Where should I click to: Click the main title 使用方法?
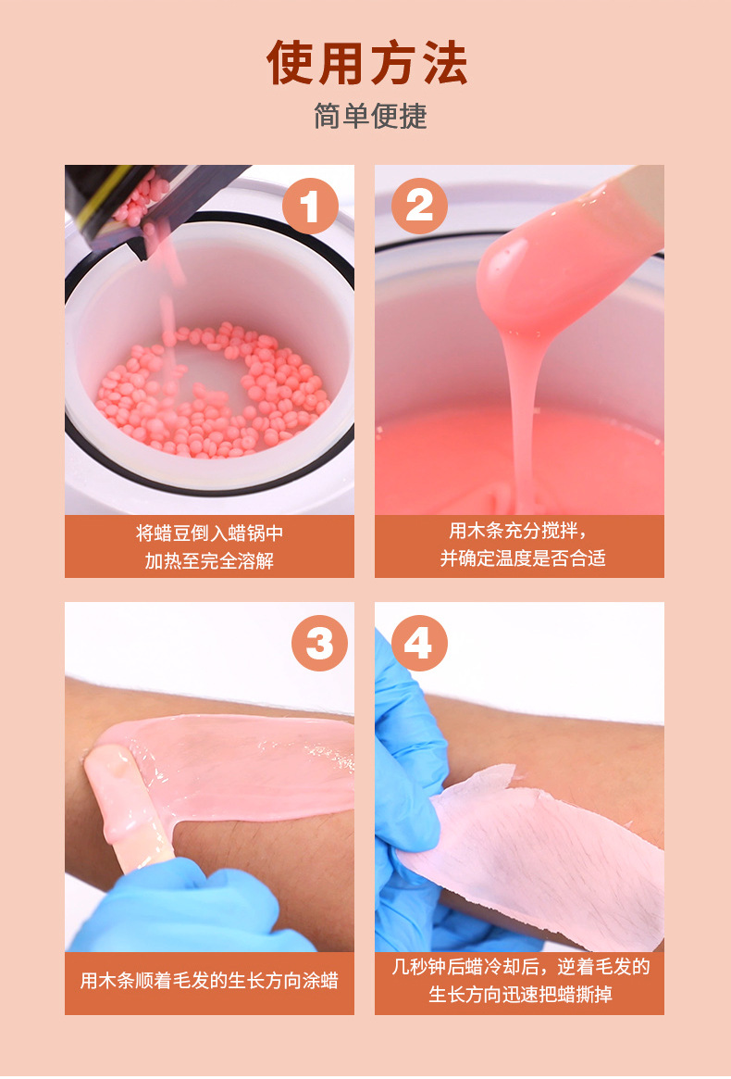367,64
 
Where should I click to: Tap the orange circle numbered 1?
309,206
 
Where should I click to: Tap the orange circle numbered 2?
419,206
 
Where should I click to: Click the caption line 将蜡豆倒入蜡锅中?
209,533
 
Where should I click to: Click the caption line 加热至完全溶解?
209,560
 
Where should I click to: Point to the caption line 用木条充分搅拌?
518,531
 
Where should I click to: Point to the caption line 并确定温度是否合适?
522,558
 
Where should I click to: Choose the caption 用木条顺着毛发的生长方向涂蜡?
209,980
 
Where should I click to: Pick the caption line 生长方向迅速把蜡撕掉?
520,995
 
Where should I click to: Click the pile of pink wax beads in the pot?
213,389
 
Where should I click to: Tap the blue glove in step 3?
185,912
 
